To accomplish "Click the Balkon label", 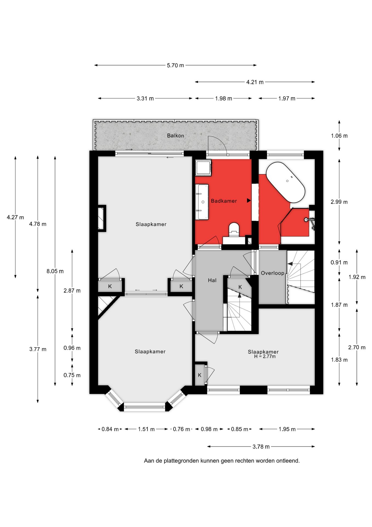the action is point(176,136).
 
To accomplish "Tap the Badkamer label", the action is point(224,201).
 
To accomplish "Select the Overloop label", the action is point(273,273).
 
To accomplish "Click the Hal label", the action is point(212,280).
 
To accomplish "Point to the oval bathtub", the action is point(286,182).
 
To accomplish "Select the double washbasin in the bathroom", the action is point(202,202).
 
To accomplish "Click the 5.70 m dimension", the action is point(176,65).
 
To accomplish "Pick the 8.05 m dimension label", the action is point(55,271).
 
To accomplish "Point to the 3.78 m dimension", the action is point(261,447).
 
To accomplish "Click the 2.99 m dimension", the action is point(339,202).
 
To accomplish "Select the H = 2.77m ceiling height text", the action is point(265,357).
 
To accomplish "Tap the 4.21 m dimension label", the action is point(255,82).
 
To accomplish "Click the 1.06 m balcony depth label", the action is point(339,136).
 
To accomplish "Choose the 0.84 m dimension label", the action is point(110,429).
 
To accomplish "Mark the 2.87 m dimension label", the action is point(72,291).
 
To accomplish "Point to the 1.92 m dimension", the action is point(357,277).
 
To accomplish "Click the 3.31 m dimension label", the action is point(145,99).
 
